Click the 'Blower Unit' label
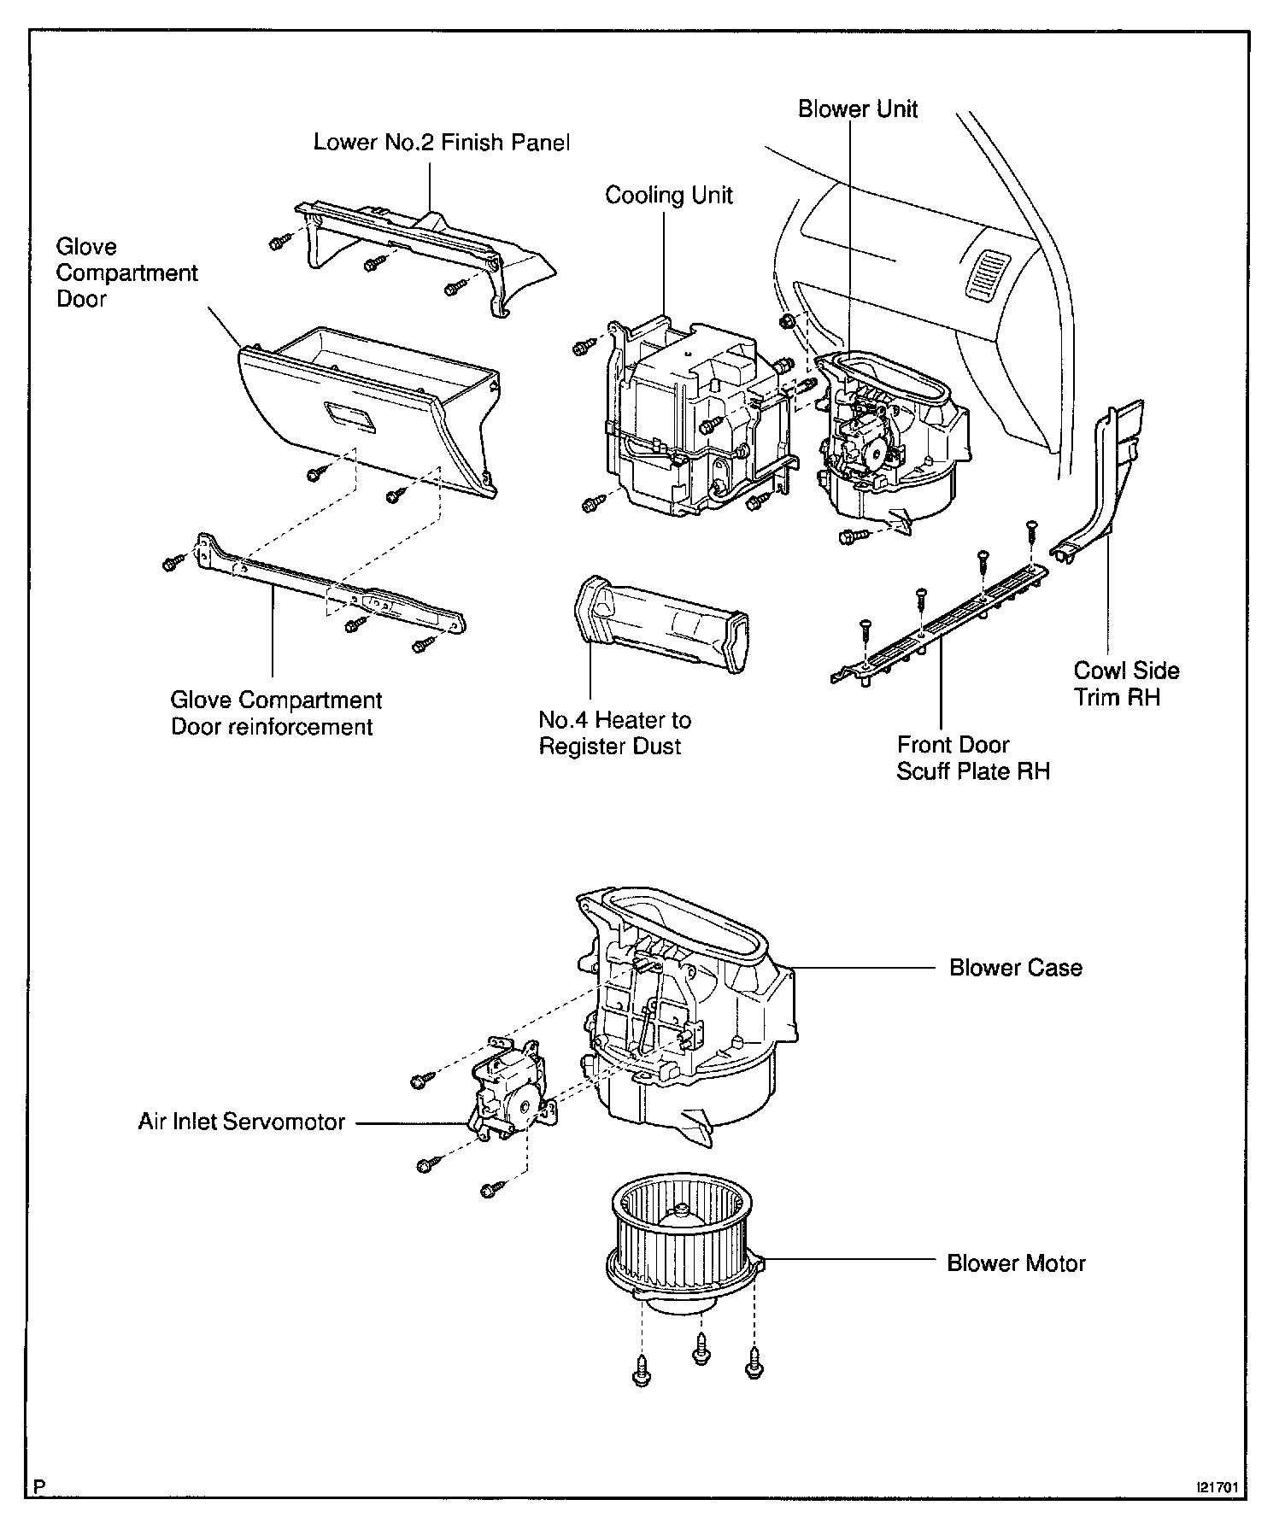pyautogui.click(x=858, y=109)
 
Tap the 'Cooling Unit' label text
pyautogui.click(x=668, y=196)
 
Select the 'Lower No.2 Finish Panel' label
pyautogui.click(x=441, y=142)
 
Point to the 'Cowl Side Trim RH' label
pyautogui.click(x=1126, y=683)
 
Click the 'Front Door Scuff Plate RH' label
pyautogui.click(x=972, y=758)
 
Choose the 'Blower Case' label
pyautogui.click(x=1015, y=968)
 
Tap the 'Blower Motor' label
pyautogui.click(x=1016, y=1263)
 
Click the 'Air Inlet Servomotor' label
pyautogui.click(x=242, y=1122)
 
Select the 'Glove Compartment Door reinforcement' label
pyautogui.click(x=276, y=713)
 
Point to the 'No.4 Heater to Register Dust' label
pyautogui.click(x=614, y=733)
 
